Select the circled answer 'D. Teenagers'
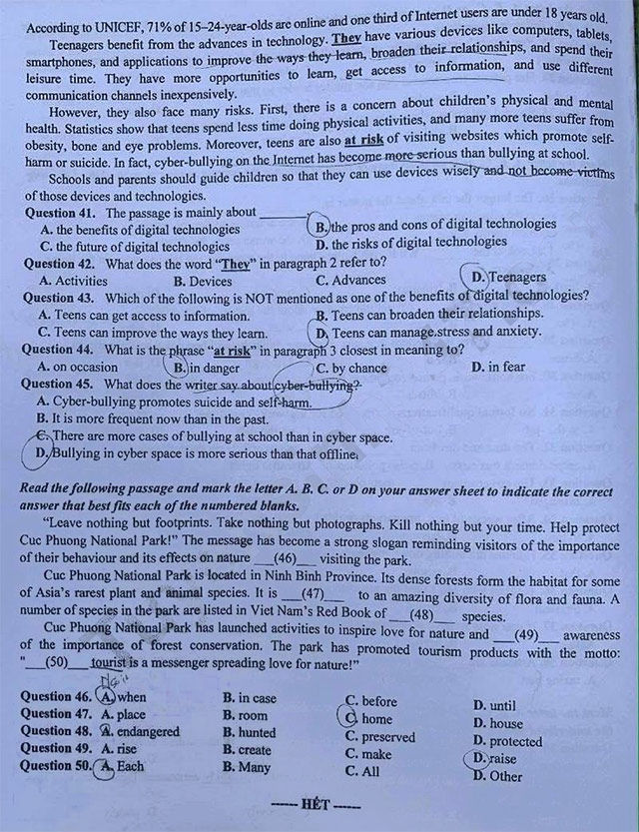pos(509,277)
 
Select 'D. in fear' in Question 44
pos(499,367)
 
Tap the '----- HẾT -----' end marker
pos(319,805)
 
